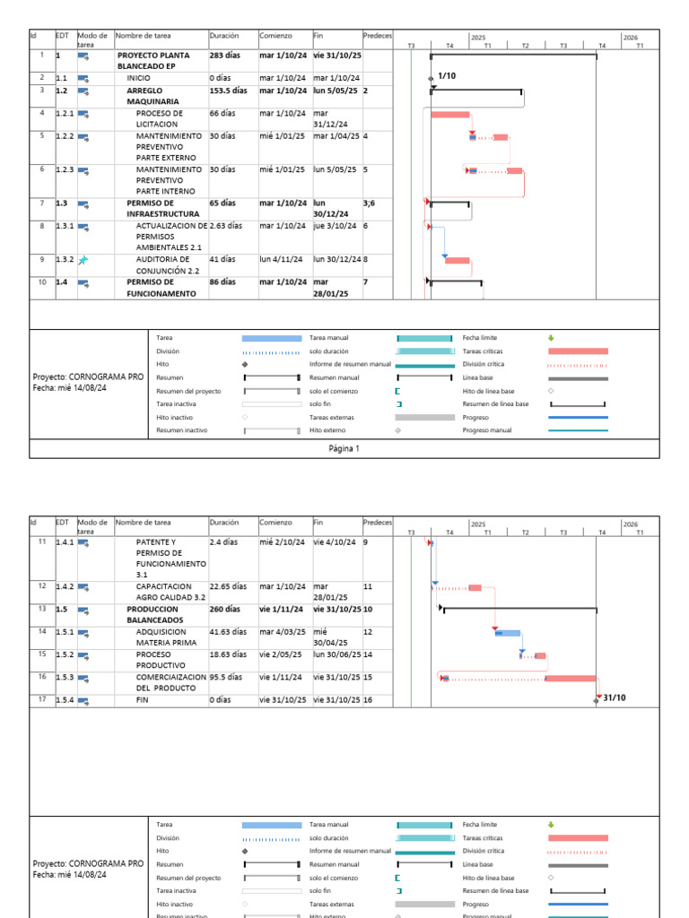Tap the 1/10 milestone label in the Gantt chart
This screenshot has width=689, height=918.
[x=447, y=77]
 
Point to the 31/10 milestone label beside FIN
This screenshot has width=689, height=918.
[x=615, y=697]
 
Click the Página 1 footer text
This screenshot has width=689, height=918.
[x=344, y=448]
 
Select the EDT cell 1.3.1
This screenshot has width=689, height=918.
[x=65, y=226]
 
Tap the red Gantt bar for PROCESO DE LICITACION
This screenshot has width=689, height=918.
[x=450, y=115]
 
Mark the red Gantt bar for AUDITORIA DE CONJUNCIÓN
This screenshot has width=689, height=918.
[x=458, y=261]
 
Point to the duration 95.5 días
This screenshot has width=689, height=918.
[x=227, y=678]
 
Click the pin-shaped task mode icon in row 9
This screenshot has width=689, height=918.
[x=83, y=260]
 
